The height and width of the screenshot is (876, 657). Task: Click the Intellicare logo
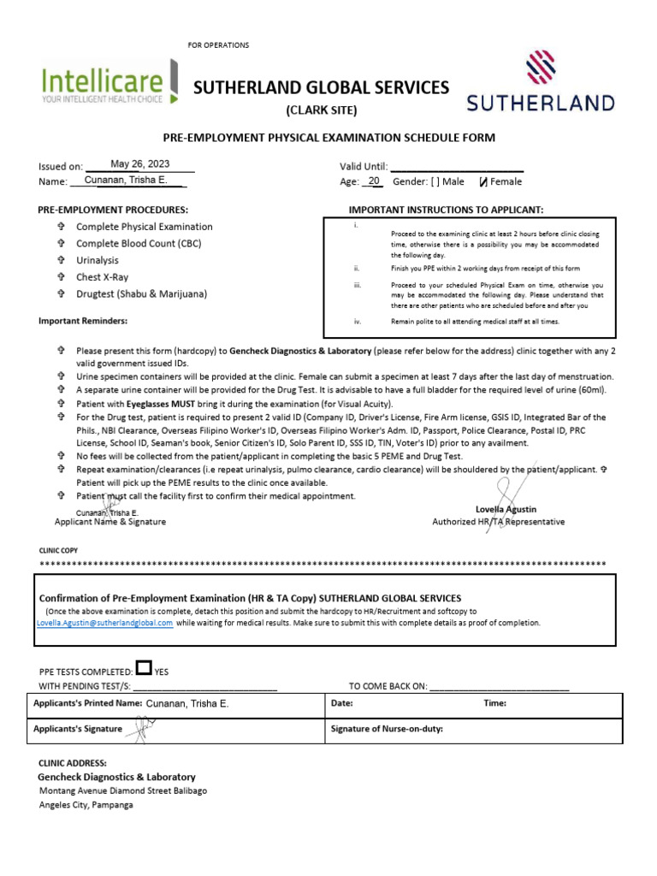[109, 83]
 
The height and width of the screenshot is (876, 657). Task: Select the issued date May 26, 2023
[140, 164]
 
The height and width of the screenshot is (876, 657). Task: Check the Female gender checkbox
[484, 181]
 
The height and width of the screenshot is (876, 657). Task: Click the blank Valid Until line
[457, 167]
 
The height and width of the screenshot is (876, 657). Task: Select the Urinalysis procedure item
[98, 259]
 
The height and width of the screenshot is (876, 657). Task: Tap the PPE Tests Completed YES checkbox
[144, 668]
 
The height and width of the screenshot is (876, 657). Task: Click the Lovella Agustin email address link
[104, 624]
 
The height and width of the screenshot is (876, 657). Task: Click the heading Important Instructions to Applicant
[446, 210]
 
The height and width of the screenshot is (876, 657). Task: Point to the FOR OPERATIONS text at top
[218, 44]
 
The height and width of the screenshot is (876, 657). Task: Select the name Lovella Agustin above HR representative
[506, 509]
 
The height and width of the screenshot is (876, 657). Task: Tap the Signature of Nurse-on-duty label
[387, 730]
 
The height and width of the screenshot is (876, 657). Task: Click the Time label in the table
[494, 703]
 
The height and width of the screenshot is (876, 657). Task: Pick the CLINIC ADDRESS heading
[73, 762]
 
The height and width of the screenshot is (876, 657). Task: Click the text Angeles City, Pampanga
[86, 805]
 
